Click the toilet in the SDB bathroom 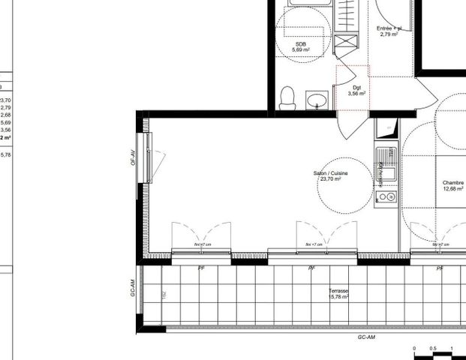(x=286, y=97)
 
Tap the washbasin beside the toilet (x=316, y=100)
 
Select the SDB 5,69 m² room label (x=301, y=47)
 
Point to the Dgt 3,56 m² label (x=357, y=91)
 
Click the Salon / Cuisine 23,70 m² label (x=330, y=176)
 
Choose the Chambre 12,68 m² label (x=452, y=185)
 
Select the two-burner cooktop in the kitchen (x=386, y=196)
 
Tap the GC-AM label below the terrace (x=365, y=337)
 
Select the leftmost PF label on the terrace (x=201, y=268)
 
